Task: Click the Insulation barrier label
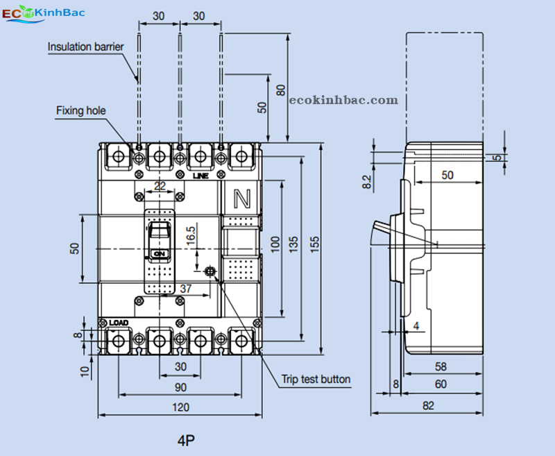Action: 86,47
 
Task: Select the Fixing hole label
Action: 81,110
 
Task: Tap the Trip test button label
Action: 316,379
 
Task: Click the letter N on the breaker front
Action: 242,199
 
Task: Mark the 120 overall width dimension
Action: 180,407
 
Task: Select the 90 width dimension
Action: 180,387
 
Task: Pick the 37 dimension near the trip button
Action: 186,288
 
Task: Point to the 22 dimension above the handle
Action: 160,185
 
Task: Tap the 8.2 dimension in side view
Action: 367,182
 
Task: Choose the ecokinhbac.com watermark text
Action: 343,101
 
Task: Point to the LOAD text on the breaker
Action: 119,323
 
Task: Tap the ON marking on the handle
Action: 160,254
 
